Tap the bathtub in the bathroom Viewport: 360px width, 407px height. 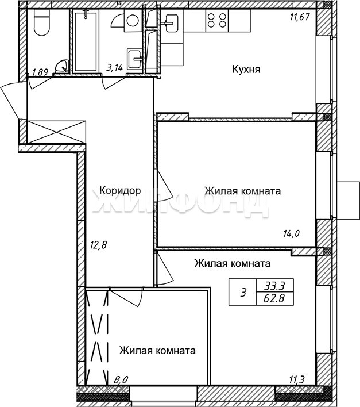click(86, 41)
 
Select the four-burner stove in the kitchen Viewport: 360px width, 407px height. click(217, 21)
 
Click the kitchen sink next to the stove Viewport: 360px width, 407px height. click(170, 23)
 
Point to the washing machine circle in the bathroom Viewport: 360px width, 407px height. click(133, 20)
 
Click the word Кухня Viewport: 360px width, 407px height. click(246, 70)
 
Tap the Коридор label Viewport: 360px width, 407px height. click(120, 190)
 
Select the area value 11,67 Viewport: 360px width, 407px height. click(300, 17)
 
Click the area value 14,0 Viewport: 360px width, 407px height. click(291, 234)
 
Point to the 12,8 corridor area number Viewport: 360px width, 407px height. click(98, 245)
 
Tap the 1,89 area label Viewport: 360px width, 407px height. click(40, 72)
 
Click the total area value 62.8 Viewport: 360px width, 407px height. click(274, 298)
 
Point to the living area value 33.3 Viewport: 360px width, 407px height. click(274, 286)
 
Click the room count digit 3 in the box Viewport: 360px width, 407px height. click(243, 293)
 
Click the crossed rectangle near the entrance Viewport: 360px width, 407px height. click(56, 132)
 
